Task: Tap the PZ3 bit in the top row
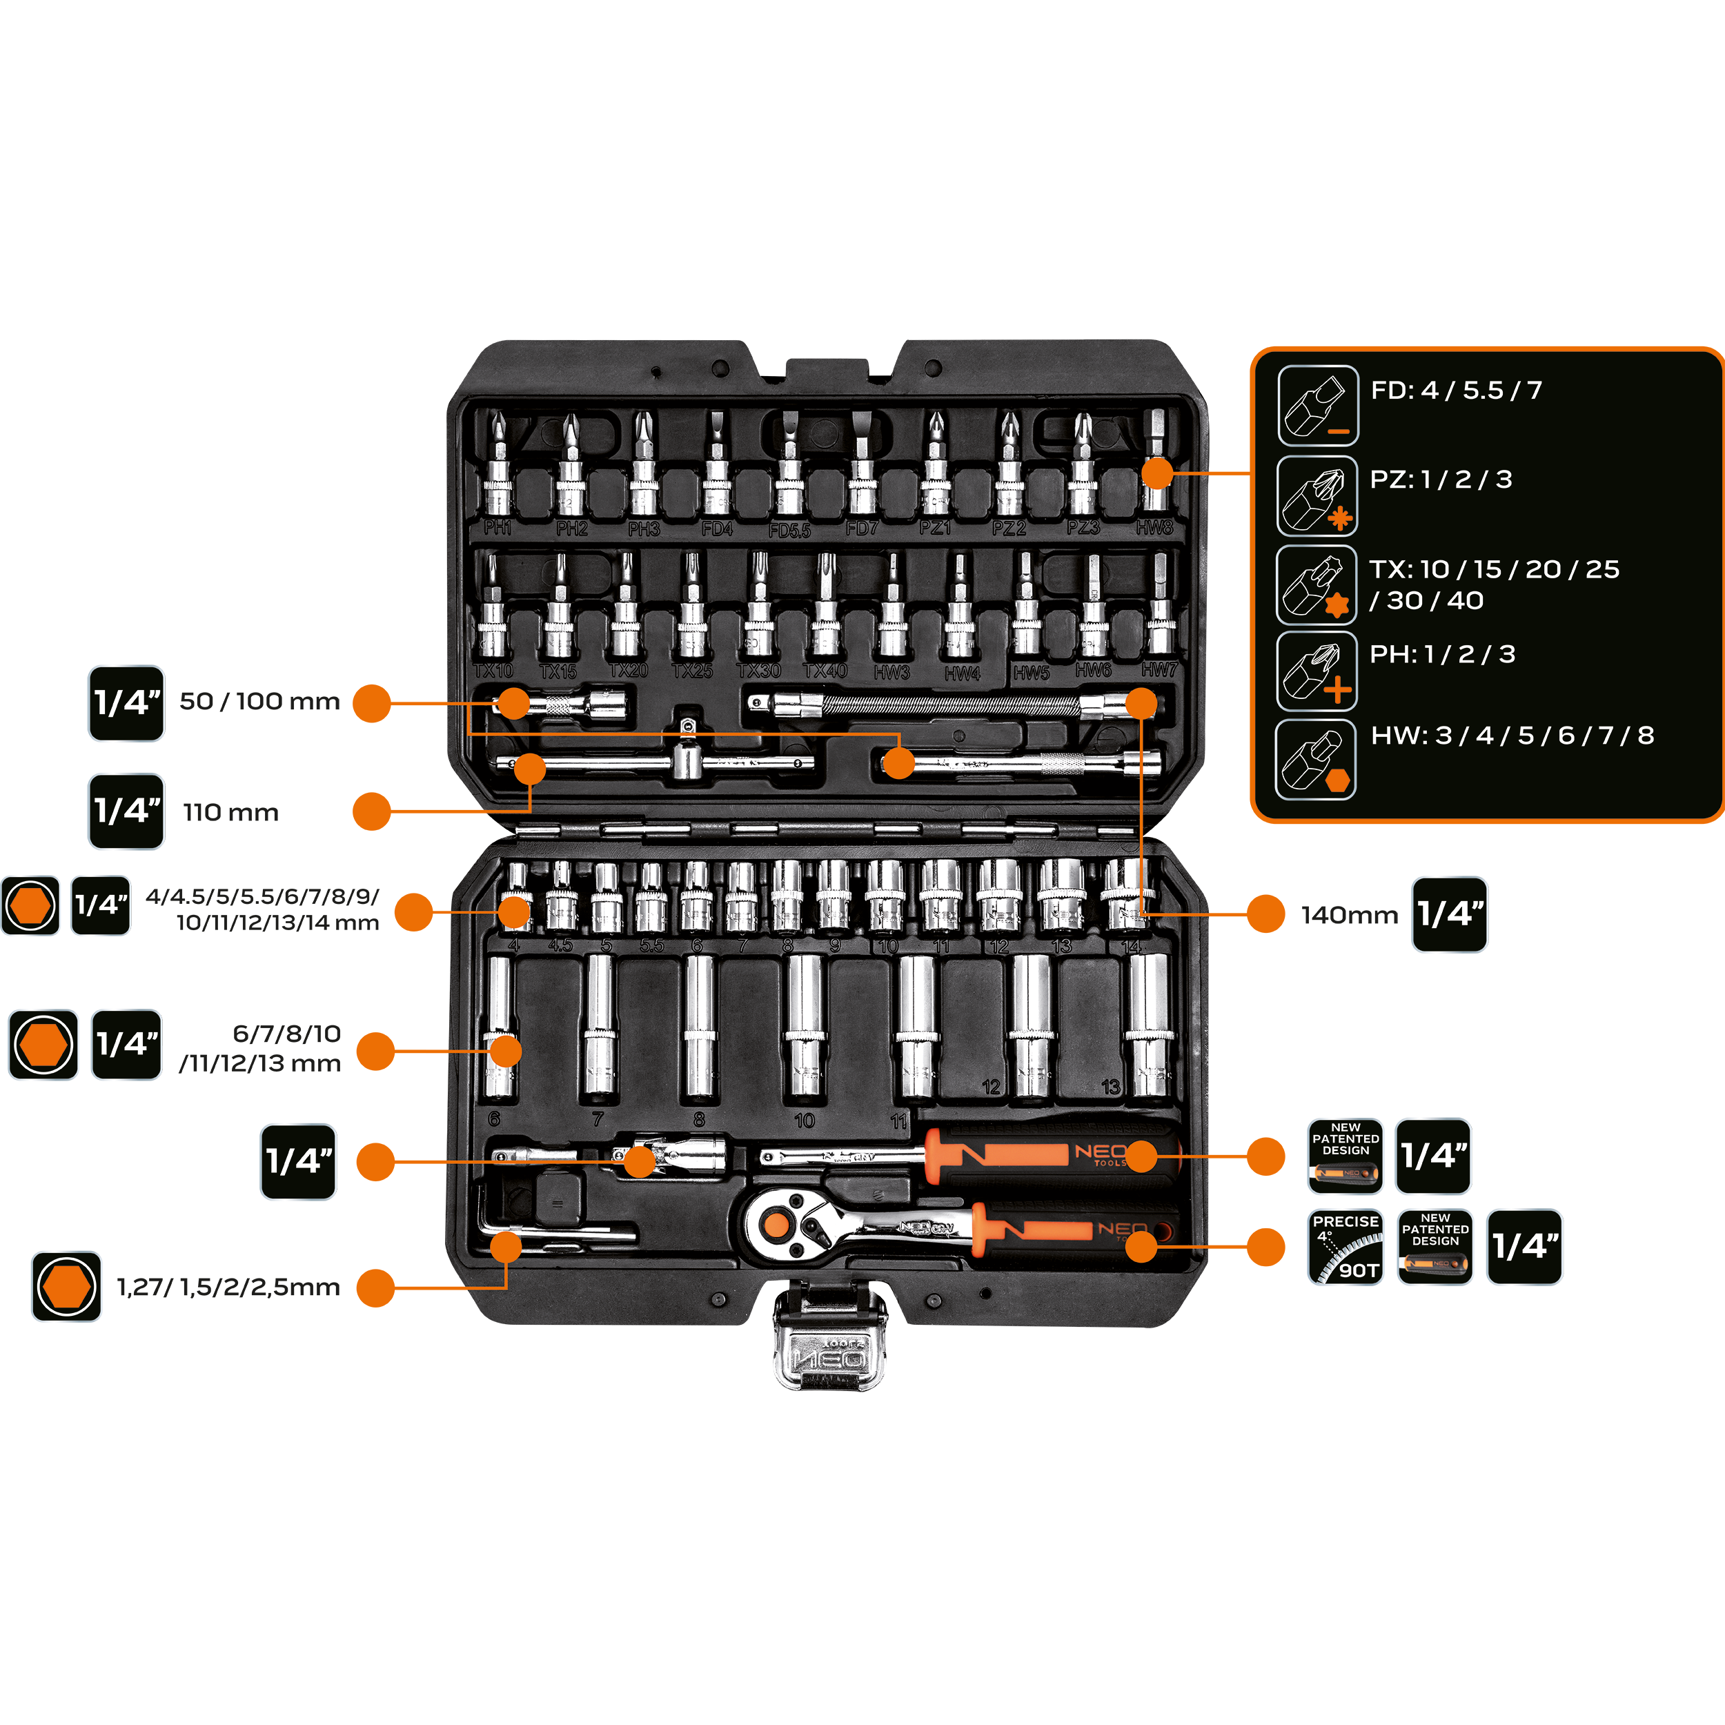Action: tap(1082, 469)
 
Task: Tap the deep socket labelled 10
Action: tap(805, 1027)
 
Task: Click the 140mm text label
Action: tap(1348, 915)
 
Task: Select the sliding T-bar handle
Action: tap(656, 762)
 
